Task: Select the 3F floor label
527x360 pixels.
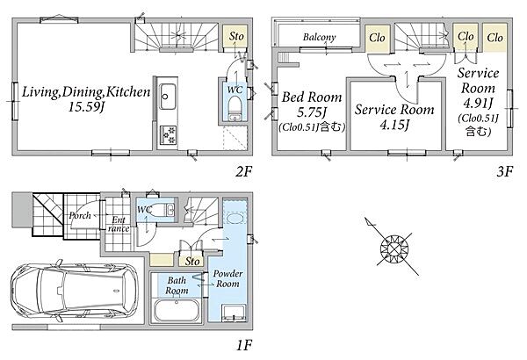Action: (x=503, y=172)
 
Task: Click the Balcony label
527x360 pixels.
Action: (x=320, y=38)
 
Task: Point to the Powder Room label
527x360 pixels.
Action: (x=227, y=278)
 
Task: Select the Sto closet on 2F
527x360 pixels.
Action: (x=235, y=37)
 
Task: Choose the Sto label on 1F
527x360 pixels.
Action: (x=189, y=260)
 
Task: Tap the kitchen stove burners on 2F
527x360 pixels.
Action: (x=167, y=135)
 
